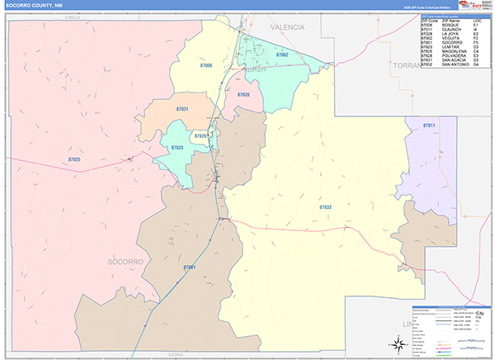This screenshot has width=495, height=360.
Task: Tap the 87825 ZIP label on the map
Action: [x=74, y=159]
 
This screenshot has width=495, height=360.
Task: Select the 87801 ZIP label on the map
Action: [x=189, y=268]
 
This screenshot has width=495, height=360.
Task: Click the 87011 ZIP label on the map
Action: [x=428, y=125]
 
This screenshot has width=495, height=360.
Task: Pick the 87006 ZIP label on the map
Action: [x=205, y=64]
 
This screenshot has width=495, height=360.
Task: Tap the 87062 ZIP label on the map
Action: [x=282, y=54]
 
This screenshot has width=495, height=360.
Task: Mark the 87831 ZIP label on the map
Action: [x=181, y=109]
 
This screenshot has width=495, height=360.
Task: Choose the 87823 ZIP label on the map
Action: [x=177, y=147]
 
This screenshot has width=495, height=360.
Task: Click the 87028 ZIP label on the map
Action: [x=243, y=95]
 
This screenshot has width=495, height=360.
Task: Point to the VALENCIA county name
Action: [x=287, y=27]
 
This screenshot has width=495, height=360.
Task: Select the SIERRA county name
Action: [x=176, y=354]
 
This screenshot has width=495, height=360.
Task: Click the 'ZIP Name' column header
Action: [x=450, y=21]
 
